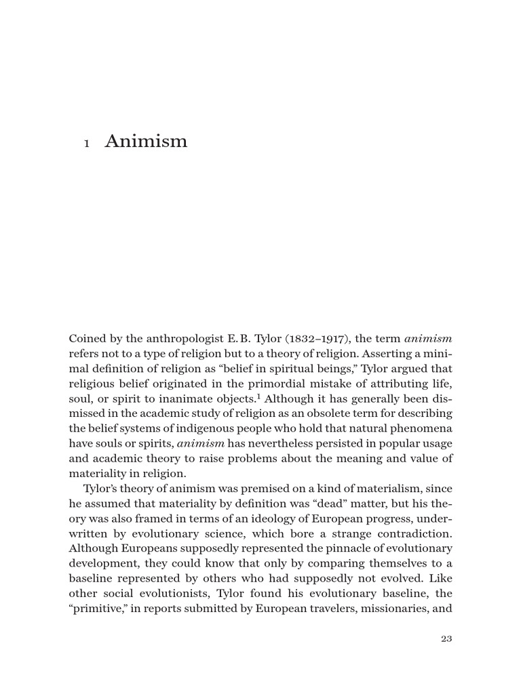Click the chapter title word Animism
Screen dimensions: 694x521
146,142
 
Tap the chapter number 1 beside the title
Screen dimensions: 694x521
87,144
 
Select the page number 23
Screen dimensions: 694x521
446,638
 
